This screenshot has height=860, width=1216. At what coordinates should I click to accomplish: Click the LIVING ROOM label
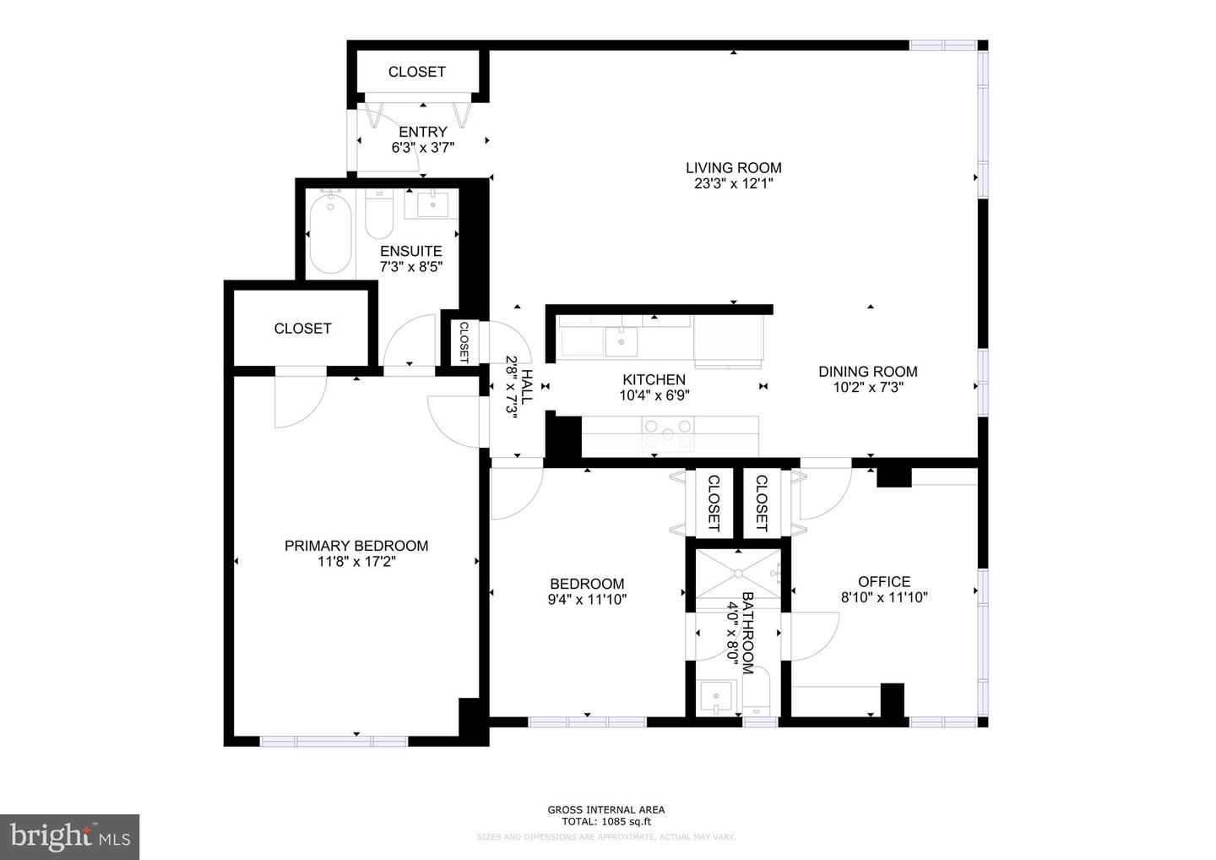point(733,167)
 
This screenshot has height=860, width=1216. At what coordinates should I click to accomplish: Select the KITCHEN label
point(654,379)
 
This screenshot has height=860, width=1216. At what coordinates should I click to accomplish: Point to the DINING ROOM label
point(867,371)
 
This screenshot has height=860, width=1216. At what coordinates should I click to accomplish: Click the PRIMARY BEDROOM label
point(356,546)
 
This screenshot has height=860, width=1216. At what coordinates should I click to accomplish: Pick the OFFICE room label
point(883,581)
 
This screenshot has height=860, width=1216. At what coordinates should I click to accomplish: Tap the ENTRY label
point(422,132)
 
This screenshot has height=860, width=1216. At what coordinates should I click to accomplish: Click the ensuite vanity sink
point(432,204)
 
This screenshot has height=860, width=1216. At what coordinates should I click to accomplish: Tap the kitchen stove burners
point(667,435)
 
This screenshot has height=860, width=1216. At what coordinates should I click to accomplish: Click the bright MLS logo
point(69,836)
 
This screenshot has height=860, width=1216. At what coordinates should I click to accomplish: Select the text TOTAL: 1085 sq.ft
point(606,821)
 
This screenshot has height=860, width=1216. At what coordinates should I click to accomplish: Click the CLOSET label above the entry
point(416,72)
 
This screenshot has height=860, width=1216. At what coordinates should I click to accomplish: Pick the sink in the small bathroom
point(717,698)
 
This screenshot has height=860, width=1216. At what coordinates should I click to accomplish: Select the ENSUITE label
point(410,251)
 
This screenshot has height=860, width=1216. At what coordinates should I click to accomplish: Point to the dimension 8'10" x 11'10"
point(883,597)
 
